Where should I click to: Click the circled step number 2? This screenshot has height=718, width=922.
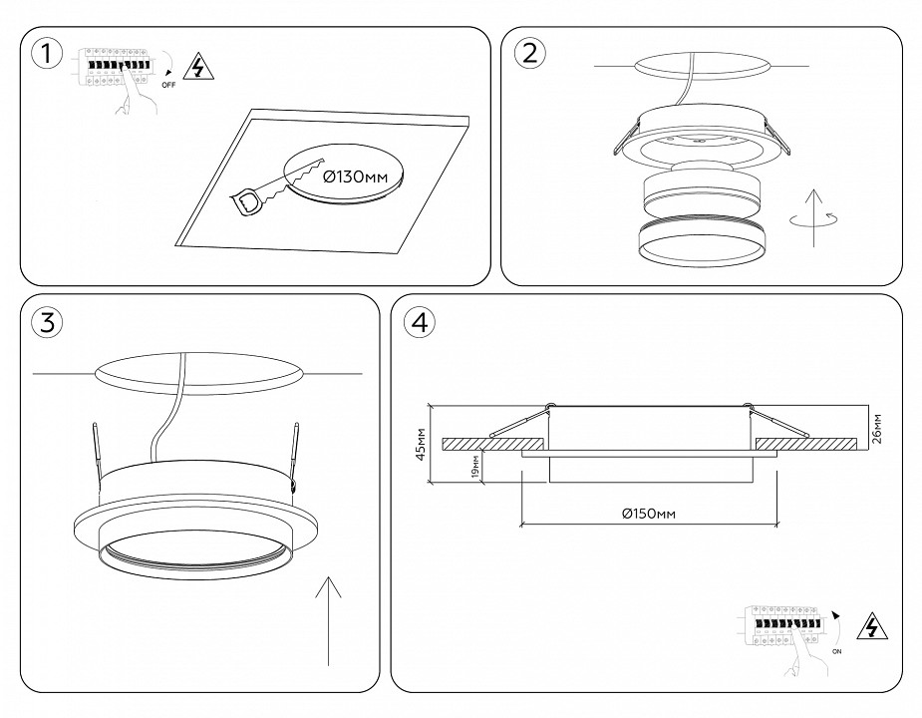[x=529, y=54]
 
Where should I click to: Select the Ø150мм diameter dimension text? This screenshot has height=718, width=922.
[x=649, y=514]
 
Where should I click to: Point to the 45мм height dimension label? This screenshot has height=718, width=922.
[x=421, y=445]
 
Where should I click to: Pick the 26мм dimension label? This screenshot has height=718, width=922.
[x=876, y=427]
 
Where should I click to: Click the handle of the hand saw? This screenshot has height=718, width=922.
[x=246, y=201]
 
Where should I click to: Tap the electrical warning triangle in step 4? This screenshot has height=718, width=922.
[x=873, y=627]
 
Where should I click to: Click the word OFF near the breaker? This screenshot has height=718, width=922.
[x=168, y=86]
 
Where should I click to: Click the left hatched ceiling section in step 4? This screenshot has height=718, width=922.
[x=492, y=442]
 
